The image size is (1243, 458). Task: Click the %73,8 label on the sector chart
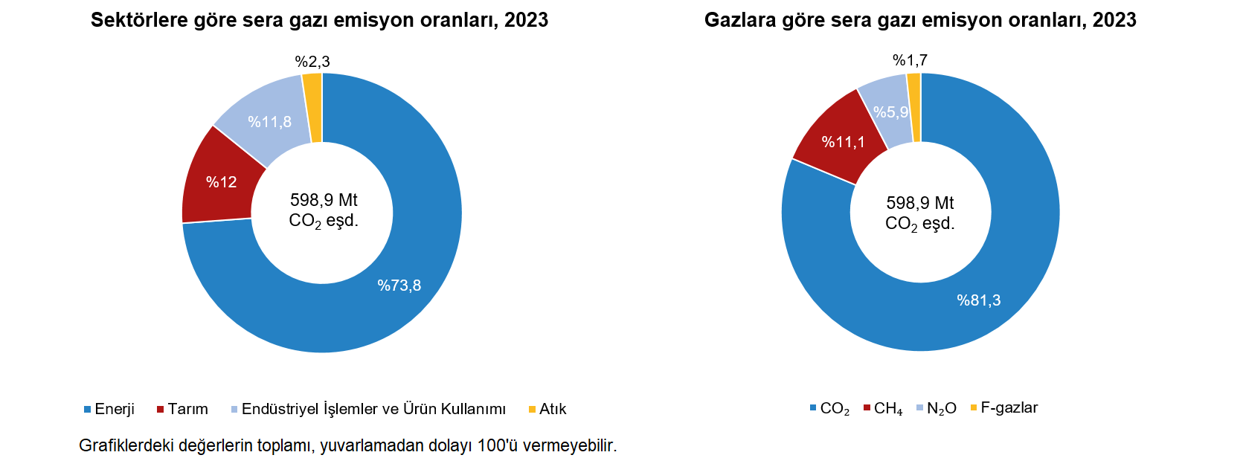click(x=399, y=286)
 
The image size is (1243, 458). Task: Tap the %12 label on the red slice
click(x=221, y=182)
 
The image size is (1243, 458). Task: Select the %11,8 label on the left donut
click(x=269, y=122)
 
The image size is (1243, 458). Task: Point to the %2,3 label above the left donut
click(x=312, y=62)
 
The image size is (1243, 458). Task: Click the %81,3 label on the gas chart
click(x=979, y=300)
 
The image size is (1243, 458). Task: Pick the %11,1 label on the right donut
click(x=844, y=142)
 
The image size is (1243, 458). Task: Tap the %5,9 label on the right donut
click(x=890, y=112)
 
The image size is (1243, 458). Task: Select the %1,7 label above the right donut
click(x=910, y=60)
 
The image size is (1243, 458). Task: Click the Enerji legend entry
click(x=114, y=409)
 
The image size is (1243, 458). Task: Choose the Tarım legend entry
click(x=187, y=409)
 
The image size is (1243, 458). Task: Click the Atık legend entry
click(x=552, y=409)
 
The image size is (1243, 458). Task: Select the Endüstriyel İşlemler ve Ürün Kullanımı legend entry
click(x=373, y=409)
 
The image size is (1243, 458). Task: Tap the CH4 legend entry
click(x=887, y=408)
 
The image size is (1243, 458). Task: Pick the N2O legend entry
click(x=941, y=408)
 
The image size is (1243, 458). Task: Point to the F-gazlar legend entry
click(x=1009, y=407)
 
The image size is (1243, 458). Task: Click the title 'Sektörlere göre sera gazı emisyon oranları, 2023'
click(x=319, y=20)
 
